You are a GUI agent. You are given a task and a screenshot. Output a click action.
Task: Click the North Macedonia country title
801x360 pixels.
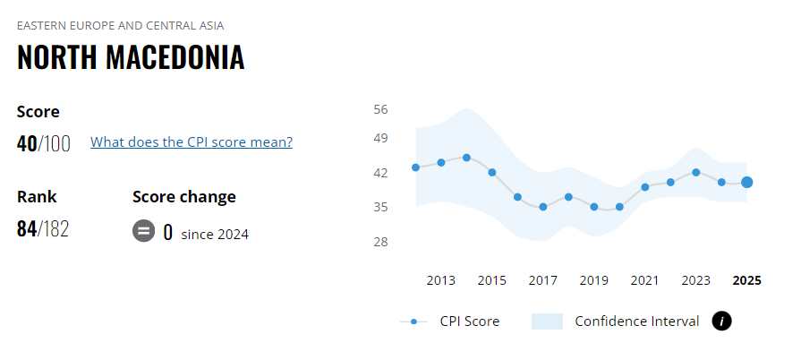coord(131,57)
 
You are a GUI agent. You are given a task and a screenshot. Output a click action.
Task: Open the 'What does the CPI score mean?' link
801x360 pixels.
coord(192,141)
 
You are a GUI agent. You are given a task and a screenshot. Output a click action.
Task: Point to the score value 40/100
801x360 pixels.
coord(44,143)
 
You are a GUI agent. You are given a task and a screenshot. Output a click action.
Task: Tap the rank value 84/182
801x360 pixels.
coord(43,228)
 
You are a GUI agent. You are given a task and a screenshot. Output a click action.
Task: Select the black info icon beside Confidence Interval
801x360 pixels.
coord(721,321)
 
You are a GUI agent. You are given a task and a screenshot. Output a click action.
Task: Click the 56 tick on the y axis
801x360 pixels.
coord(380,109)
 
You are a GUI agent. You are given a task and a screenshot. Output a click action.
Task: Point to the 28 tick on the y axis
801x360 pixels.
coord(380,242)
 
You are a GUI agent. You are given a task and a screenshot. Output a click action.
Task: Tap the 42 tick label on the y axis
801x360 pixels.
coord(380,172)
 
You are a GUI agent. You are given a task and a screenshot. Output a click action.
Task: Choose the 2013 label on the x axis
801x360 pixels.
coord(441,280)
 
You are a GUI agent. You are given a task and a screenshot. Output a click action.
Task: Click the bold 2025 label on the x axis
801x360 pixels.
coord(746,280)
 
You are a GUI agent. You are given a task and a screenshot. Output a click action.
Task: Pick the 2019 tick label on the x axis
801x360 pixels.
coord(594,280)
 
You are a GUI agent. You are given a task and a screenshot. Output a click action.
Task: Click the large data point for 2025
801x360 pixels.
coord(746,183)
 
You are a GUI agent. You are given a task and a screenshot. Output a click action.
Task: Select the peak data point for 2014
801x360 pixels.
coord(466,158)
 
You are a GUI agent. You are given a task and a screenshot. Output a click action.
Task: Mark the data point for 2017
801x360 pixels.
coord(543,207)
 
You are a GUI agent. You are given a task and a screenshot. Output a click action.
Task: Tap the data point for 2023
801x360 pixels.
coord(696,172)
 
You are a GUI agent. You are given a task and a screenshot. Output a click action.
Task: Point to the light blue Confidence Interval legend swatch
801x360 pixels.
coord(547,321)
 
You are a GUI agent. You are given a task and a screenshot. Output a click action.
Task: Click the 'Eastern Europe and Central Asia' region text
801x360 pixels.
coord(121,25)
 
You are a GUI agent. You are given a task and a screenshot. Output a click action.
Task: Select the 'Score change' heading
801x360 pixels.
coord(184,197)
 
